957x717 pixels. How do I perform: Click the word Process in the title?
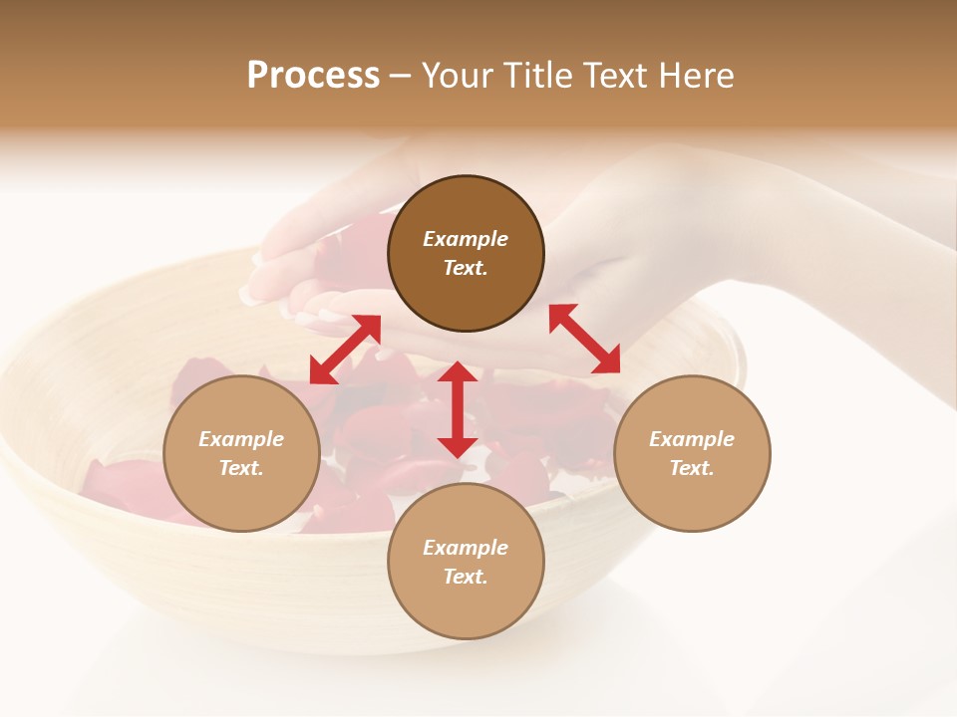pyautogui.click(x=313, y=76)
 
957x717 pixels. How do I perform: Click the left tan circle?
pyautogui.click(x=241, y=453)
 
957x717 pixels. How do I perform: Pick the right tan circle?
pyautogui.click(x=692, y=453)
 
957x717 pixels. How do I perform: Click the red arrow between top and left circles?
pyautogui.click(x=345, y=349)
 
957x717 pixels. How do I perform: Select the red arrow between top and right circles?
pyautogui.click(x=584, y=339)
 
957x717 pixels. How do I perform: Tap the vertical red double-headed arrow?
pyautogui.click(x=457, y=409)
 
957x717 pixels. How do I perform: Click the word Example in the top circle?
pyautogui.click(x=466, y=239)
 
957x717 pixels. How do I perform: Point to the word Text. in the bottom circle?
pyautogui.click(x=466, y=577)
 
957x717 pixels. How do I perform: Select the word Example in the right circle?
pyautogui.click(x=692, y=439)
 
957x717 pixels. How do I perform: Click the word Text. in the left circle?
pyautogui.click(x=241, y=468)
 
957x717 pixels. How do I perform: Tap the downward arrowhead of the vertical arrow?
pyautogui.click(x=457, y=445)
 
